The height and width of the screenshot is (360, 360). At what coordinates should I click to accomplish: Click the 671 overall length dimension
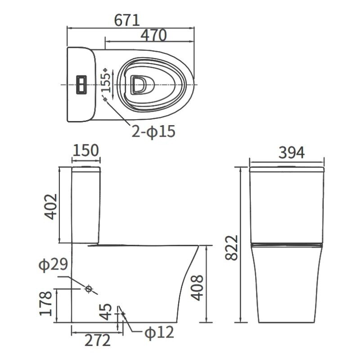pos(127,20)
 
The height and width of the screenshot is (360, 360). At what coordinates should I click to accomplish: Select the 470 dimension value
pos(153,35)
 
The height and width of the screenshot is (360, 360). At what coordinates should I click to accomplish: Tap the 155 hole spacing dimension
pos(106,83)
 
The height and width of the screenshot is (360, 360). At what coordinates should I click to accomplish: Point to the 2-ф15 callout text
pos(153,131)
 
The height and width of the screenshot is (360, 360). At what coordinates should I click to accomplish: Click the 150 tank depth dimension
pos(86,151)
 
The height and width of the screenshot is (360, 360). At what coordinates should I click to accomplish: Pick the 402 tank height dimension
pos(51,207)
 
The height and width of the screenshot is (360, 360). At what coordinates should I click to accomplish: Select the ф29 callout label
pos(53,265)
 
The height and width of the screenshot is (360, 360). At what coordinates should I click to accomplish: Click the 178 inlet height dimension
pos(46,303)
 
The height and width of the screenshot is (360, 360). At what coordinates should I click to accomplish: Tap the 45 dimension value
pos(106,312)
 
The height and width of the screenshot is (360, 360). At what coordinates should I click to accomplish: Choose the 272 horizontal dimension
pos(97,340)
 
